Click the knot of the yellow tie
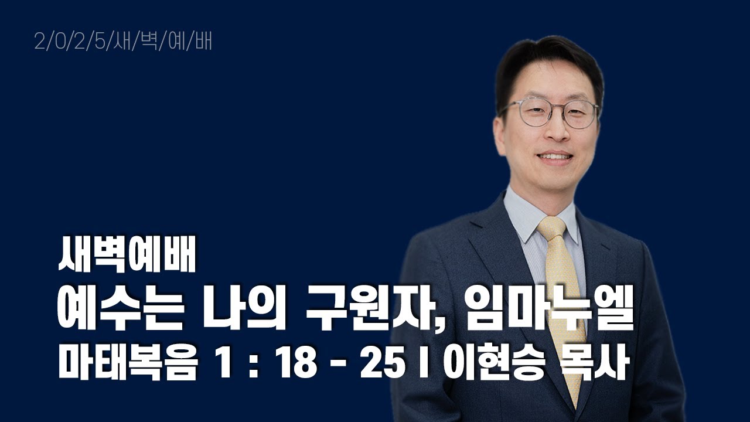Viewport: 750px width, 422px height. (x=551, y=229)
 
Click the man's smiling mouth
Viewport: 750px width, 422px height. (x=555, y=157)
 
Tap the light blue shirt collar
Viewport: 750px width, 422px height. (x=518, y=214)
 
